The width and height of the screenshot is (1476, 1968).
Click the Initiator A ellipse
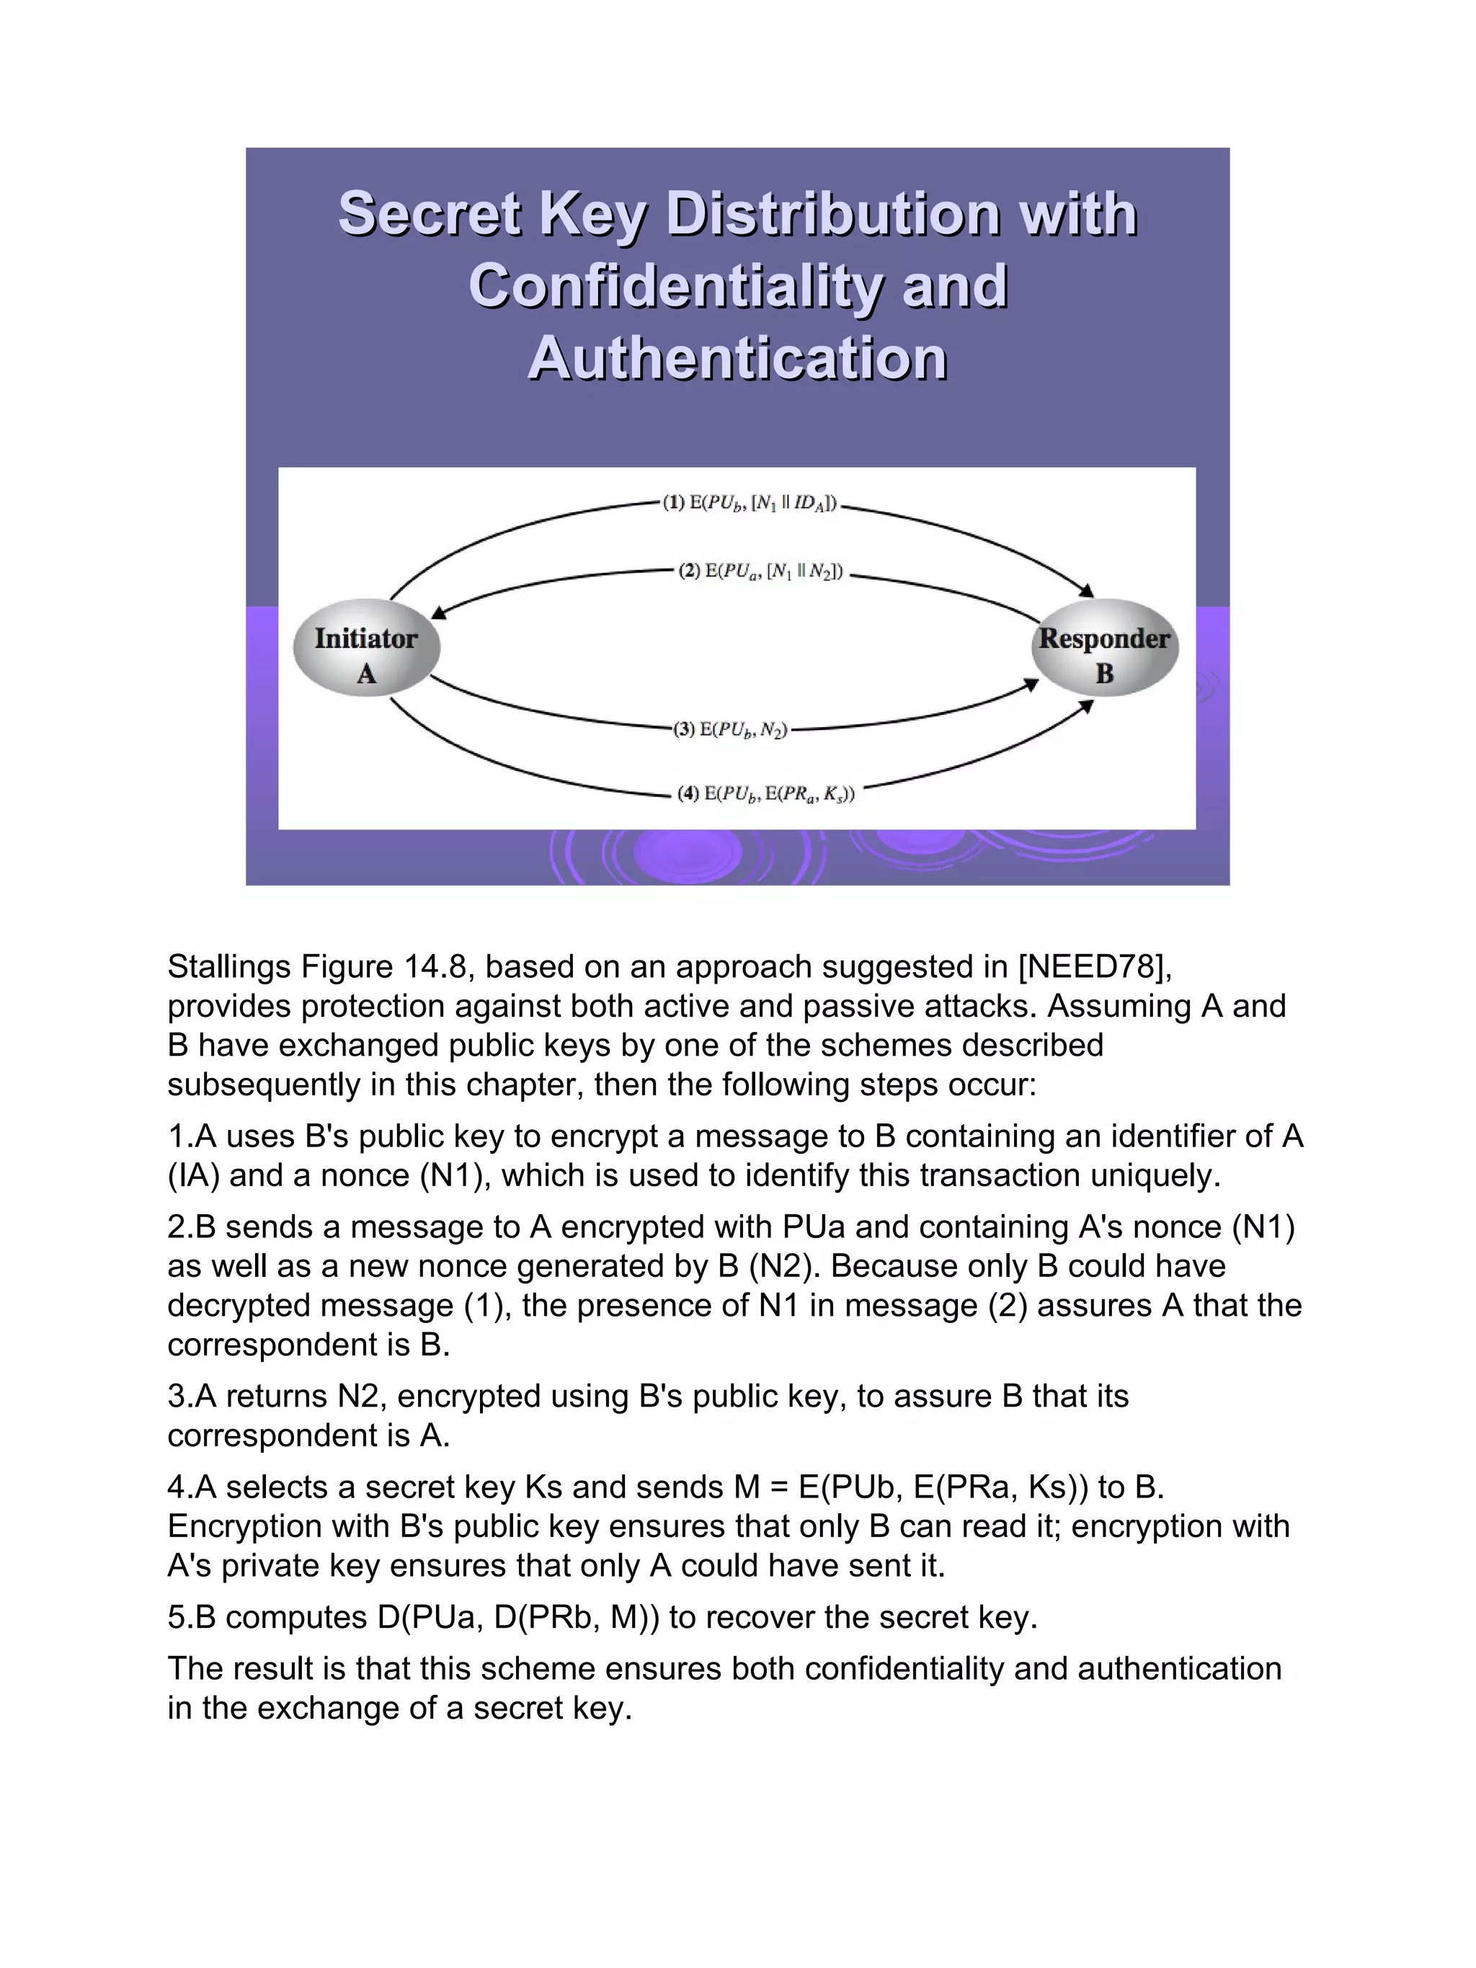[365, 649]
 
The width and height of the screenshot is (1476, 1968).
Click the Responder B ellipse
[1104, 649]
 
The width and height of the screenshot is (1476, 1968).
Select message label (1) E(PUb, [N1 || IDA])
[749, 504]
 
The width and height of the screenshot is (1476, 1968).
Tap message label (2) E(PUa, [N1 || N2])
[760, 571]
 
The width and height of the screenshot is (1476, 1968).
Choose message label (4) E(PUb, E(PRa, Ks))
[765, 793]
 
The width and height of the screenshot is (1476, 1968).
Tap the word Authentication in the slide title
[737, 359]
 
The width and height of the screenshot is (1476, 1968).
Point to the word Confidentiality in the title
[675, 287]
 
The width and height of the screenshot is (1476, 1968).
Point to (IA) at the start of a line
[193, 1176]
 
